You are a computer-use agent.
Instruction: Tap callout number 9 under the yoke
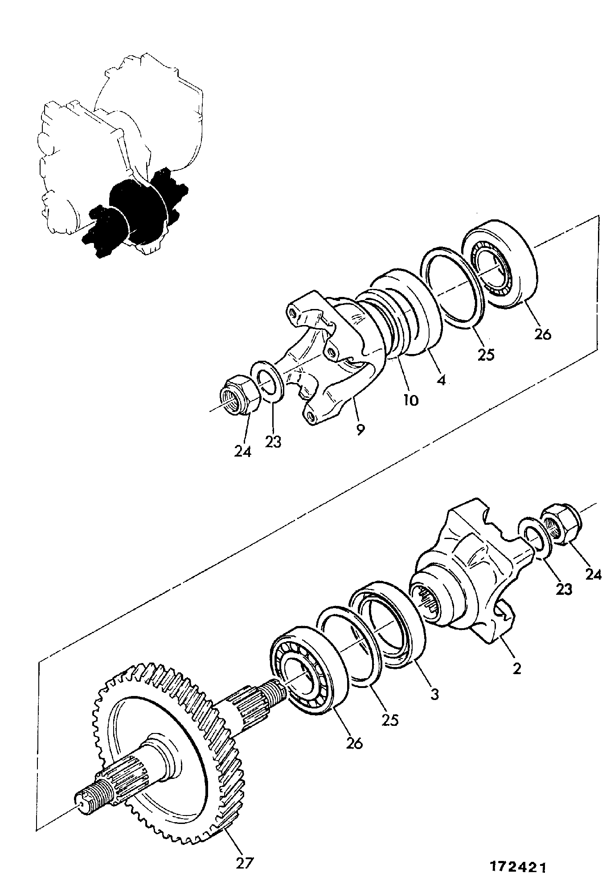coord(360,429)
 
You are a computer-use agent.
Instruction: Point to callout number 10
coord(410,400)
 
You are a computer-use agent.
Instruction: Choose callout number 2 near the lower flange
coord(516,668)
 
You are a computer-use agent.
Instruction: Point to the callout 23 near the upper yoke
coord(273,441)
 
